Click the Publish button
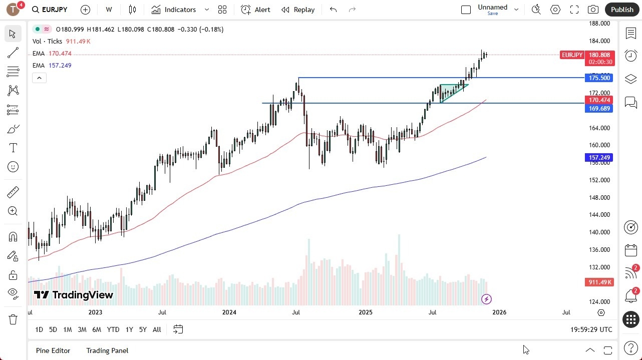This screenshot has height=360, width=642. click(x=621, y=10)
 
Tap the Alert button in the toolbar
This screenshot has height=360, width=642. click(x=255, y=10)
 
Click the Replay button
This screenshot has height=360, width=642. click(x=298, y=10)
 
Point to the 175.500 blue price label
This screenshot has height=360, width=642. click(x=599, y=78)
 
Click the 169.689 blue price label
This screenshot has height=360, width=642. click(x=599, y=108)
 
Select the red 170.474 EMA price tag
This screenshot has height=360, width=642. click(x=599, y=100)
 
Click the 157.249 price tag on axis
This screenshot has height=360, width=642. click(x=599, y=158)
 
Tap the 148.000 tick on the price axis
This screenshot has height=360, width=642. click(x=599, y=197)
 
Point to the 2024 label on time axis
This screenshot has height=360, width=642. click(x=229, y=312)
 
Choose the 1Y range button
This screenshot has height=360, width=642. click(x=129, y=329)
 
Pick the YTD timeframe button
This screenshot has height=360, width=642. click(x=113, y=329)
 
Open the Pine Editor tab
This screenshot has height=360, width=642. click(x=53, y=350)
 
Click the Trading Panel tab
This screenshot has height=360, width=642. click(x=107, y=350)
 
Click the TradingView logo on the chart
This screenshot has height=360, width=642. click(x=74, y=295)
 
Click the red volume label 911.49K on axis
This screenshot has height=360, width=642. click(x=599, y=282)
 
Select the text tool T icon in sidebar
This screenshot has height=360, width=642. click(x=13, y=148)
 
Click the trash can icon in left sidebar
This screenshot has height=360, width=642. click(x=13, y=319)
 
